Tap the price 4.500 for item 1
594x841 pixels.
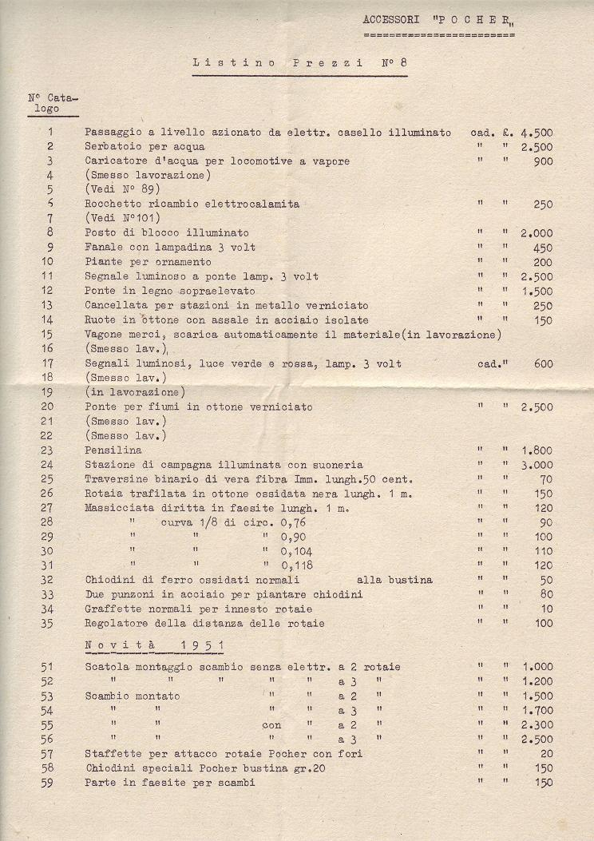tap(537, 133)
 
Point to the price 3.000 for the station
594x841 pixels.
tap(537, 465)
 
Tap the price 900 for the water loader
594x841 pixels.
tap(543, 161)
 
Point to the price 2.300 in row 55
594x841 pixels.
tap(537, 725)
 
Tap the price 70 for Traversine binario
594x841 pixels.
tap(546, 479)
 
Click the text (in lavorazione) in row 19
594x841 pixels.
tap(135, 392)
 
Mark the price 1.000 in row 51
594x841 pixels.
tap(537, 667)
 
